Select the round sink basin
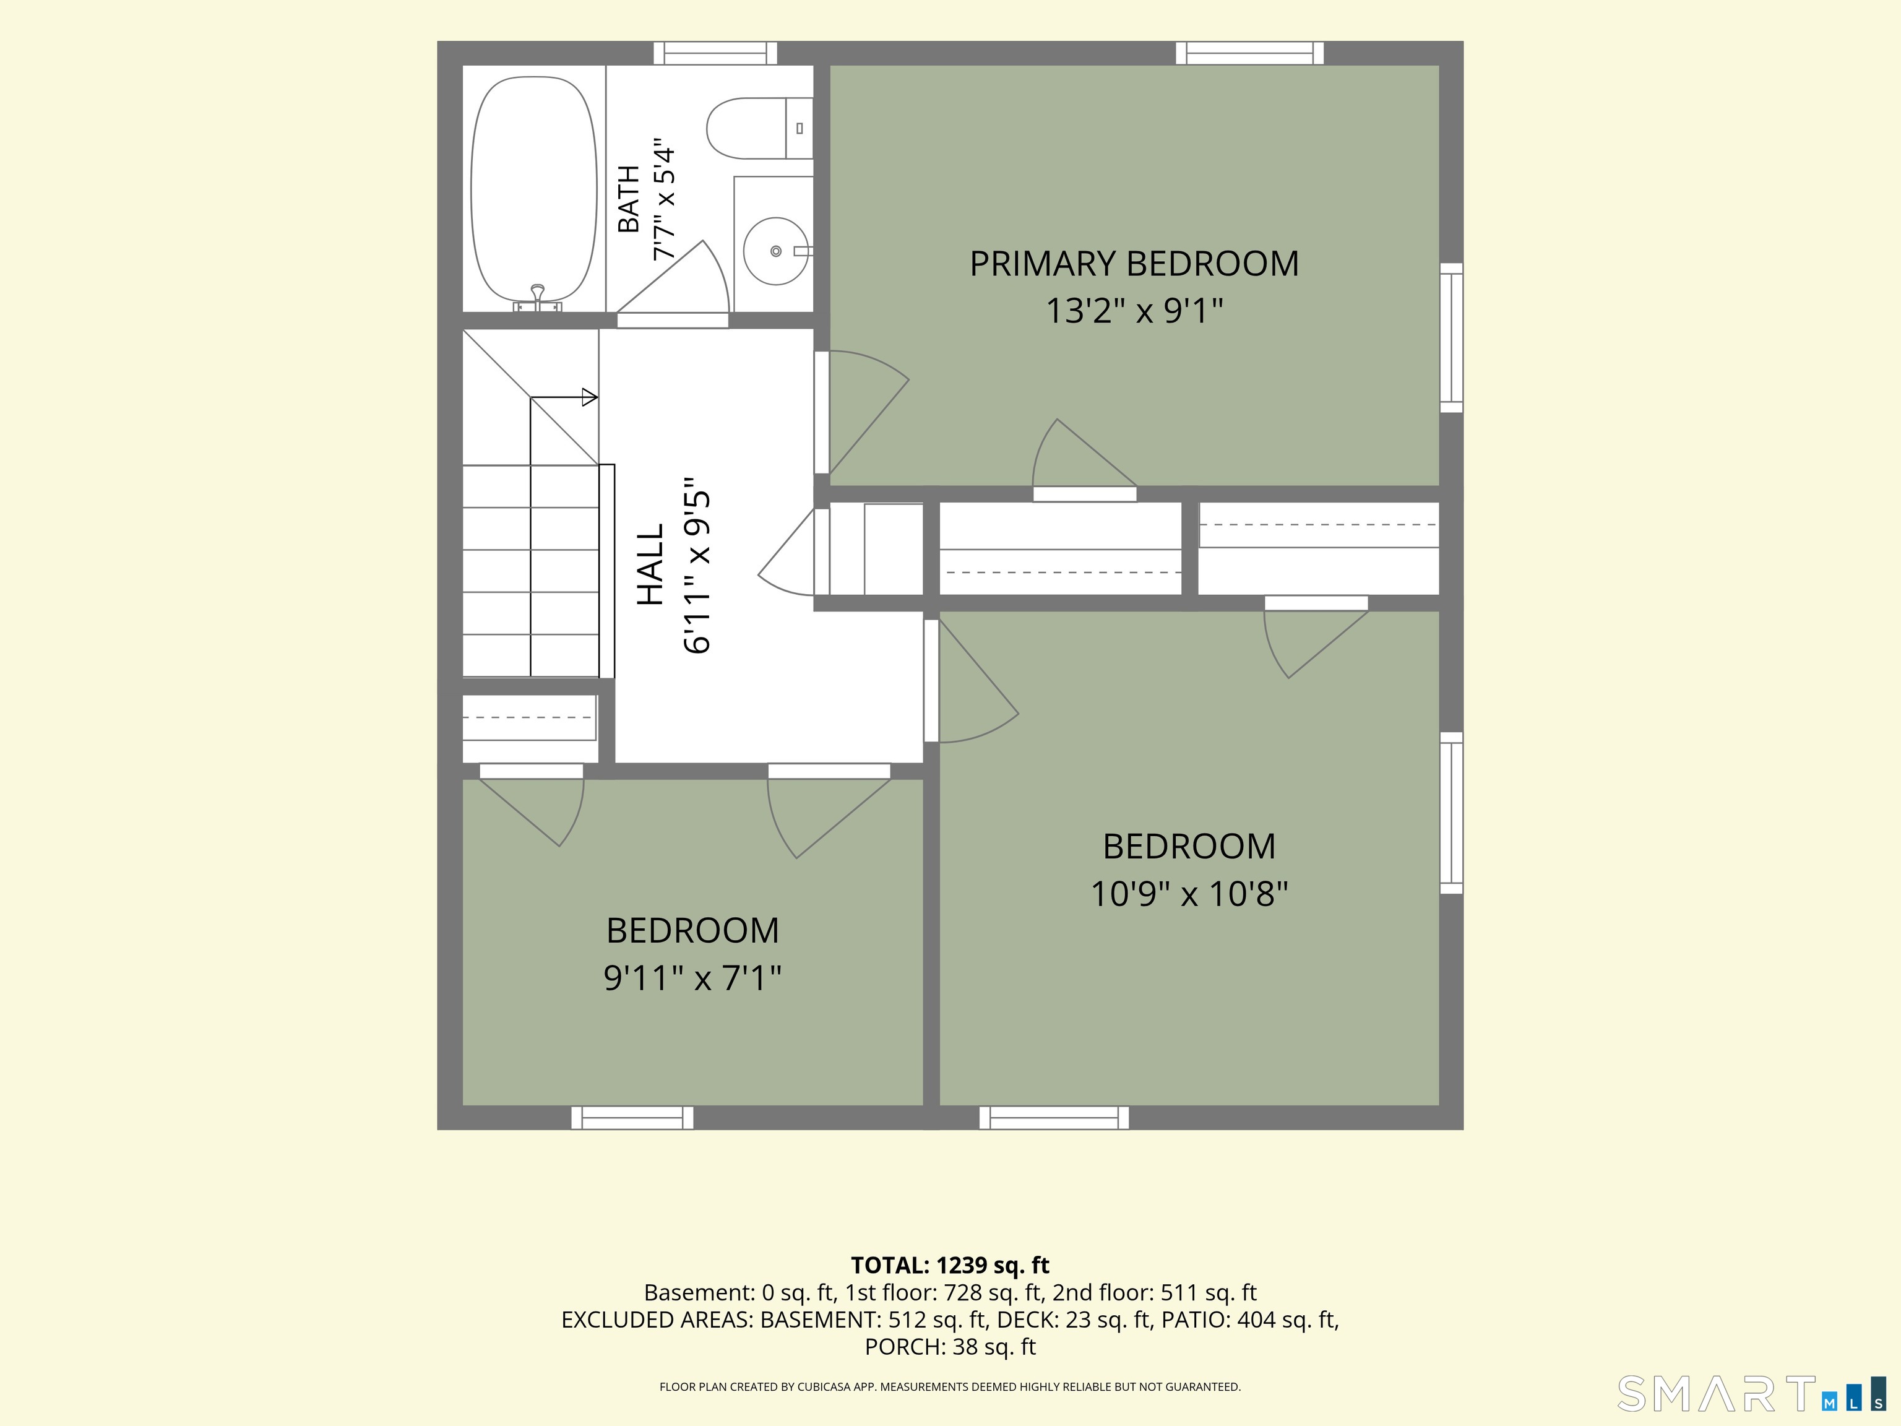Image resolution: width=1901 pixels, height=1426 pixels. coord(775,251)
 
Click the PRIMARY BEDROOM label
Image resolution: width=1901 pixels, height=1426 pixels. coord(1134,263)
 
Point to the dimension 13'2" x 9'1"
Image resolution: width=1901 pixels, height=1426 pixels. coord(1134,310)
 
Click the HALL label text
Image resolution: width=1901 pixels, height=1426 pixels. coord(650,564)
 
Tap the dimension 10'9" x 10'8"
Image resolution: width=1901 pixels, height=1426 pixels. coord(1189,894)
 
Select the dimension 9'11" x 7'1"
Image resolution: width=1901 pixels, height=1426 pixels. coord(692,978)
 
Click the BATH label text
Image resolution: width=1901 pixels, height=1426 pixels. coord(629,199)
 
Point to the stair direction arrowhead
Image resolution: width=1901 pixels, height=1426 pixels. coord(590,397)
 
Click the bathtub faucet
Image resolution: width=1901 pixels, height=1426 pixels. coord(538,296)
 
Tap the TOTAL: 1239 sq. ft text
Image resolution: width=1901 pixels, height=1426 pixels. coord(950,1265)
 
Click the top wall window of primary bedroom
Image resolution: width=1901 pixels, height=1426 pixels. coord(1249,53)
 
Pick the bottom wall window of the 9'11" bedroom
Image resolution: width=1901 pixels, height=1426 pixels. coord(632,1117)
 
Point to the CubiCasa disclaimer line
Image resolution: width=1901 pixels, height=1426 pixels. coord(950,1386)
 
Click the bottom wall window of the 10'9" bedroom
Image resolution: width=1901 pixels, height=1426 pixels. coord(1054,1117)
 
